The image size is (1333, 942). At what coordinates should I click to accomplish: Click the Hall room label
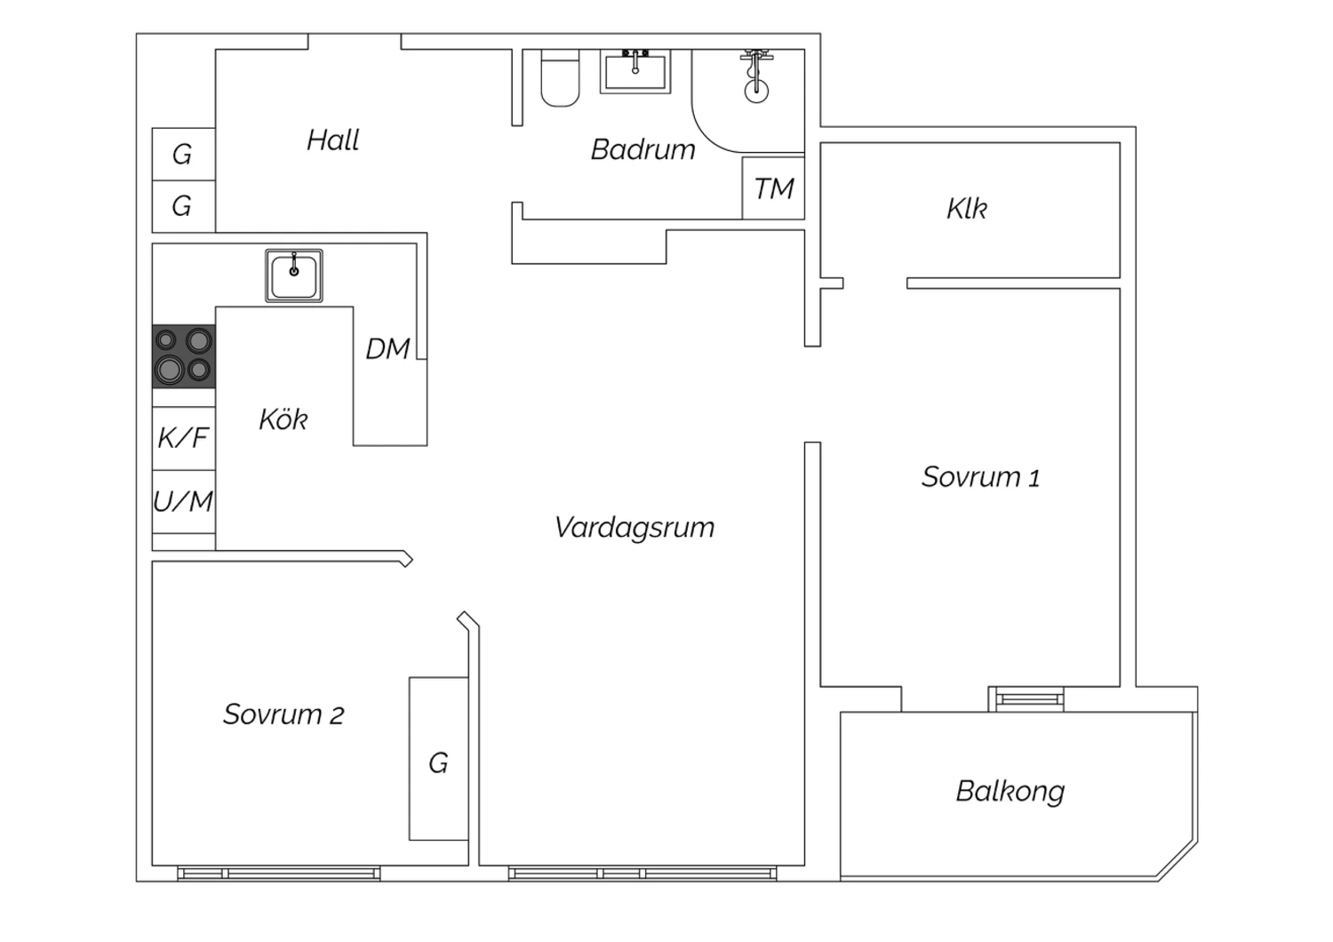333,140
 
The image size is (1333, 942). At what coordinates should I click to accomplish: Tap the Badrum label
643,149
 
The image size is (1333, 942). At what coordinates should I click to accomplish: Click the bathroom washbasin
635,71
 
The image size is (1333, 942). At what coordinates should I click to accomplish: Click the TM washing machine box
773,188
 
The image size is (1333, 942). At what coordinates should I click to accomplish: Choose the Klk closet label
967,209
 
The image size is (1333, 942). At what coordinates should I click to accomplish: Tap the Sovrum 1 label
980,477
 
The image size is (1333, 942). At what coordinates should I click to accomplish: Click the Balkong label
1010,791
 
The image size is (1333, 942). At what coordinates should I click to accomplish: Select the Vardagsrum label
634,527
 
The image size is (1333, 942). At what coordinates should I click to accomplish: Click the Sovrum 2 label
283,714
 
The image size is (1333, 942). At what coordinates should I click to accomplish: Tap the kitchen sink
294,275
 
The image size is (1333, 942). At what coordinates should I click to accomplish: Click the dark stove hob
184,355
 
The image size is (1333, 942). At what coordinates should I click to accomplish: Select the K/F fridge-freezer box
183,437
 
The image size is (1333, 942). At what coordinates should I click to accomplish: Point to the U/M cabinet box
183,502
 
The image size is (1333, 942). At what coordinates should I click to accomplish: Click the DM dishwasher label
387,349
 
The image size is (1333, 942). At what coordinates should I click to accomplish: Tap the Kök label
283,419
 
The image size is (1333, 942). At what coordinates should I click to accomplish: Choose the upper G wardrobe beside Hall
182,155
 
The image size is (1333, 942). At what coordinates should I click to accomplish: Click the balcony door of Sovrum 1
1029,699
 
